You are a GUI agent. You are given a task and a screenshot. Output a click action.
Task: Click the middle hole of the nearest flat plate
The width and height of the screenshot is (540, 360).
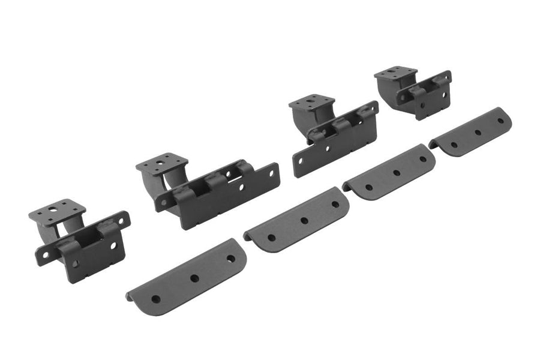pyautogui.click(x=194, y=278)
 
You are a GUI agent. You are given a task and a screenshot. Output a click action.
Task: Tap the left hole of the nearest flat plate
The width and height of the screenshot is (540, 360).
pyautogui.click(x=156, y=298)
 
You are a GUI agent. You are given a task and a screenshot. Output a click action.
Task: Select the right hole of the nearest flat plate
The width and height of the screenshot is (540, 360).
pyautogui.click(x=230, y=259)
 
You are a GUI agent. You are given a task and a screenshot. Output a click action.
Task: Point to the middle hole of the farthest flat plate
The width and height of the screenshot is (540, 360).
pyautogui.click(x=478, y=132)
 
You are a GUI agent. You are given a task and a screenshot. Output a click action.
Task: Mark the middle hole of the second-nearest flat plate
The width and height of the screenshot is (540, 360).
pyautogui.click(x=304, y=221)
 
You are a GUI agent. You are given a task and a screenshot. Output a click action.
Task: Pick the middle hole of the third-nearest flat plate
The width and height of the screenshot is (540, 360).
pyautogui.click(x=396, y=173)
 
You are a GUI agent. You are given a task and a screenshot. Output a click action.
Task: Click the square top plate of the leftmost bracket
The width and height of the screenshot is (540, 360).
pyautogui.click(x=57, y=211)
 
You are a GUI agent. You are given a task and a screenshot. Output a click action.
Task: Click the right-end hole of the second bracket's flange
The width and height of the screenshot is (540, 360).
pyautogui.click(x=271, y=172)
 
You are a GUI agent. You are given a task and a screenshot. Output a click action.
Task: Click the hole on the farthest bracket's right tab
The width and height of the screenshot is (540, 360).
pyautogui.click(x=444, y=77)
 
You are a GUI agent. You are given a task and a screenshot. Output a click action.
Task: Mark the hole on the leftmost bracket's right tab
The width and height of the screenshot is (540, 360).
pyautogui.click(x=125, y=219)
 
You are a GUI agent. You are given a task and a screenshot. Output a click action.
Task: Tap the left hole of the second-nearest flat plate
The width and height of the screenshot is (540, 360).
pyautogui.click(x=268, y=238)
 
